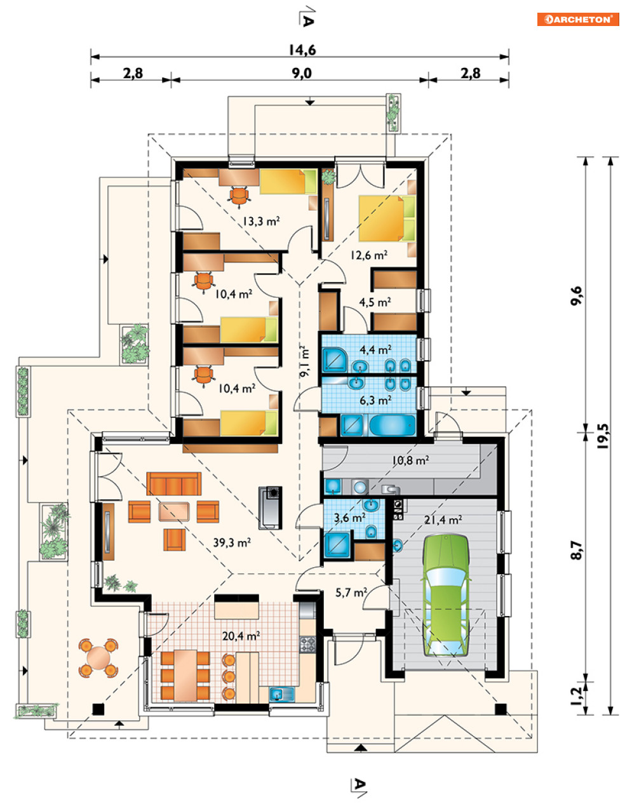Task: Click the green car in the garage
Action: click(447, 595)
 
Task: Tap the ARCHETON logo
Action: click(578, 20)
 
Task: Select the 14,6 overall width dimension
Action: click(302, 50)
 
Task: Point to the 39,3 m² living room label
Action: click(232, 542)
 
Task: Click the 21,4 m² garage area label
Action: click(443, 520)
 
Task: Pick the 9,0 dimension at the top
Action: click(302, 73)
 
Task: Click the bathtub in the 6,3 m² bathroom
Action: click(392, 425)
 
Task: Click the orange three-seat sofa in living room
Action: click(174, 483)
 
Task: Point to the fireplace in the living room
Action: click(270, 507)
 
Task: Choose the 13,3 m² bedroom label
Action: click(261, 221)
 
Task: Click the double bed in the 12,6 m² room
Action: click(387, 218)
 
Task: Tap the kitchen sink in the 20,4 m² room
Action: click(281, 694)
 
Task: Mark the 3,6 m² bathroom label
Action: click(350, 517)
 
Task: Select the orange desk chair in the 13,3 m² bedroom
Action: click(239, 196)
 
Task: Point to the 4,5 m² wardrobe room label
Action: click(375, 302)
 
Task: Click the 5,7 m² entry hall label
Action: click(351, 593)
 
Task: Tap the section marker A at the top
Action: click(307, 21)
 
